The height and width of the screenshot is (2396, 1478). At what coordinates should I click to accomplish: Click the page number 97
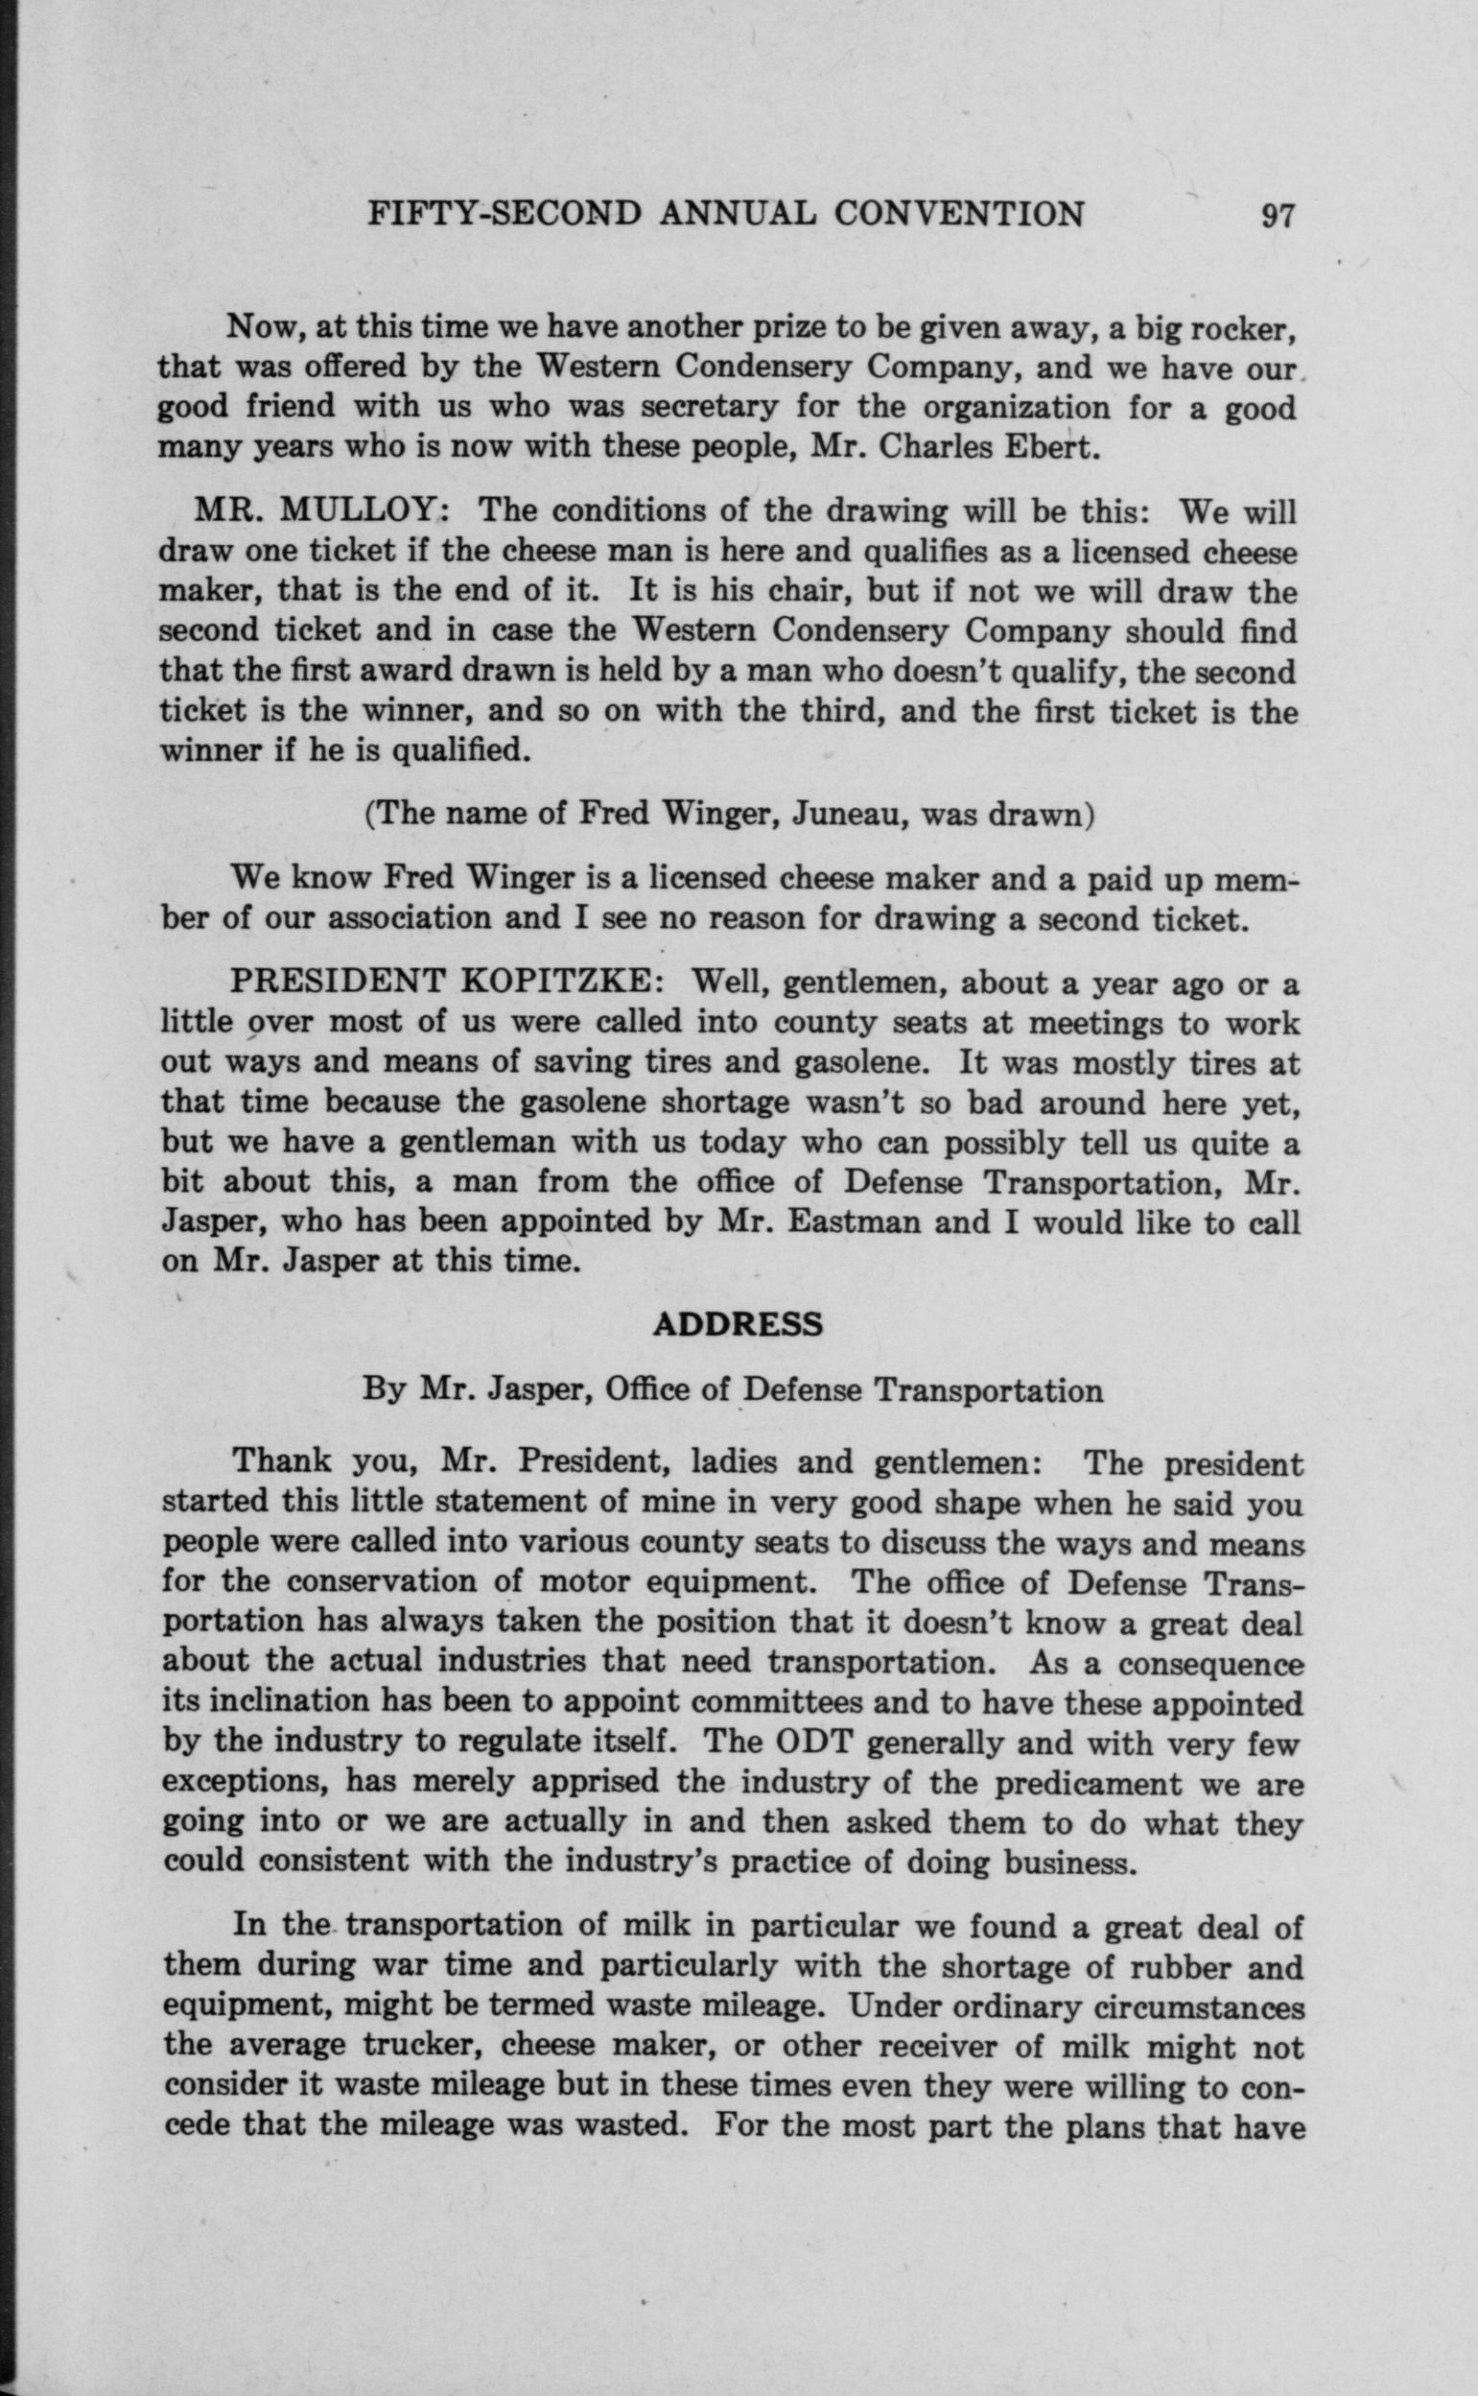tap(1278, 214)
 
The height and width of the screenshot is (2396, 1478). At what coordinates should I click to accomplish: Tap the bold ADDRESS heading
tap(738, 1324)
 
